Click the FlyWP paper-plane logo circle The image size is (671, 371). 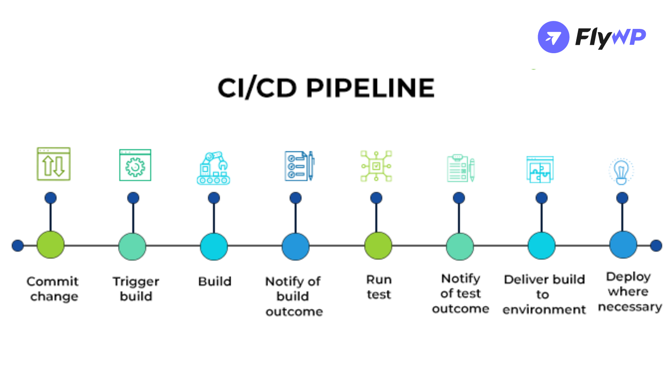[553, 37]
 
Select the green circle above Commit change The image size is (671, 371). [50, 245]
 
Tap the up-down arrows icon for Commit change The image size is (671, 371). [53, 164]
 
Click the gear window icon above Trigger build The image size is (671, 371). [135, 165]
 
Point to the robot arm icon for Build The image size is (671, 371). [213, 168]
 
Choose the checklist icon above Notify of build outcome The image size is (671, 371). [299, 166]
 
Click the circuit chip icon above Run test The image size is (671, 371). [376, 166]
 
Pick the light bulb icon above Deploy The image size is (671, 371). [621, 171]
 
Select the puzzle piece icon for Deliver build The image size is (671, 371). [540, 169]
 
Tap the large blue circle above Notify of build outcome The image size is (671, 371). [295, 246]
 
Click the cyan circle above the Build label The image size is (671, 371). [213, 246]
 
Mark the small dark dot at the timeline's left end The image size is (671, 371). [18, 246]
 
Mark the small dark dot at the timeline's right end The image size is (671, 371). [656, 246]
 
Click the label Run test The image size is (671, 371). [379, 287]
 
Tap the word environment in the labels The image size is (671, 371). [544, 310]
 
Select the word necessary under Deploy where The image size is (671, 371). [629, 307]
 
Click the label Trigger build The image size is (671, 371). [136, 289]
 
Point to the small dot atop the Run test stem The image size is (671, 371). [376, 198]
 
